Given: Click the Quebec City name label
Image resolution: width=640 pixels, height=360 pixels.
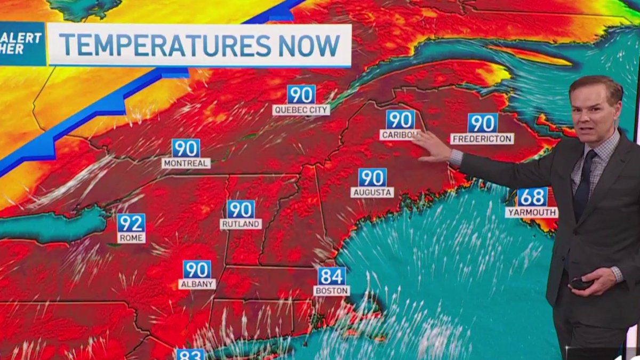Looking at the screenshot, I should (301, 110).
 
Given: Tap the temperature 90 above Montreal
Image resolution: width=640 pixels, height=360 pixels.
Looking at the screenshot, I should (186, 148).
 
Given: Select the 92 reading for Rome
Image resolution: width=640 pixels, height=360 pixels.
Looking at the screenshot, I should (131, 223).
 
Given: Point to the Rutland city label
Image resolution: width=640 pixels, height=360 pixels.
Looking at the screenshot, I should (241, 224).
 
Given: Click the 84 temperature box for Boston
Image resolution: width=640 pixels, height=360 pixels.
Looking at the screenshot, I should (332, 276).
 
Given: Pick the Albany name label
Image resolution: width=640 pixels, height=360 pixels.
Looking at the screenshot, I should (197, 284).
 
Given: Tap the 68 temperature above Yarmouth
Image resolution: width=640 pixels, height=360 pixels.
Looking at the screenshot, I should (532, 197).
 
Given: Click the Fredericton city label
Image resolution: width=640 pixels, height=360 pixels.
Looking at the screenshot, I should (482, 139).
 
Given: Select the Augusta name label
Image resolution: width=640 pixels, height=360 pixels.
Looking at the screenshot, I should (372, 192).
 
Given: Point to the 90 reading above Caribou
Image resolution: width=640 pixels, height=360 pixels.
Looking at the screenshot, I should (401, 119).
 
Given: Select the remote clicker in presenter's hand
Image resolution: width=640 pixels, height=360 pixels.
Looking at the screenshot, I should (580, 284).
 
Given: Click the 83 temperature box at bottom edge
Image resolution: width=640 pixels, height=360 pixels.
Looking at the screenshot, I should (190, 355).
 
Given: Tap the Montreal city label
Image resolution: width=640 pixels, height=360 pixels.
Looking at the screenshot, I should (186, 163).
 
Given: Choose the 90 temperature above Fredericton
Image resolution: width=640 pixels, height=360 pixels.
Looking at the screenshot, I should (483, 123).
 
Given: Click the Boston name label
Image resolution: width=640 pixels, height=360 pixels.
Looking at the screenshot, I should (331, 291).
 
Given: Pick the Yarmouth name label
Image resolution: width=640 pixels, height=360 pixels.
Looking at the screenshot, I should (531, 212).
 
